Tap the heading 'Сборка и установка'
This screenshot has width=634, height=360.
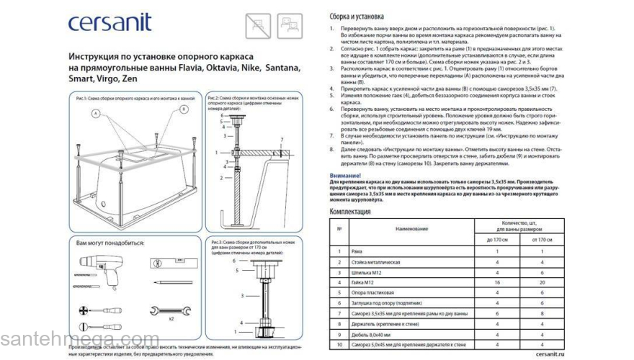[357, 16]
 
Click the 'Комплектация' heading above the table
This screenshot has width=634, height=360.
[350, 212]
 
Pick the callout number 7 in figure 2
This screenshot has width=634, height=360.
[282, 138]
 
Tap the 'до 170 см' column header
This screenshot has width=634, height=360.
[499, 238]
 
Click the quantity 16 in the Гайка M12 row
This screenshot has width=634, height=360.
[499, 283]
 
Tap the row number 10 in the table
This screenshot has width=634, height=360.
[339, 347]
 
